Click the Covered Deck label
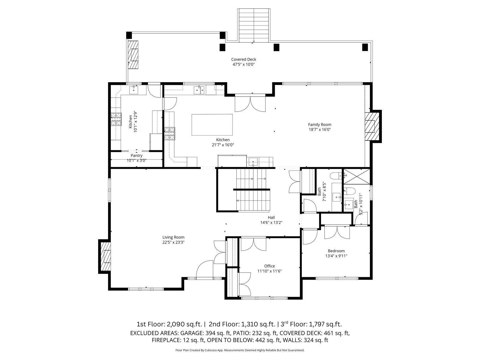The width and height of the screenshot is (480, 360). [x=244, y=59]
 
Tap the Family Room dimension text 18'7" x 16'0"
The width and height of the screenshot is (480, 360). [x=319, y=130]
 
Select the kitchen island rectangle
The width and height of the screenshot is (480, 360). [x=212, y=124]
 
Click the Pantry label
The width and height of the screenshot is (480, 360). [x=136, y=155]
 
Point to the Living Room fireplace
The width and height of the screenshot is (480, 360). [x=105, y=256]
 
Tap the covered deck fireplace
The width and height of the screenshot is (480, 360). [x=133, y=55]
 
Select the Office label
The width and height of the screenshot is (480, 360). [x=269, y=266]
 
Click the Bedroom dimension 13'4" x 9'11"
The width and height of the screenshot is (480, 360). [x=336, y=256]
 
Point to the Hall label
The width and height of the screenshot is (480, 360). [x=271, y=217]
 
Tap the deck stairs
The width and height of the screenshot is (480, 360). [x=254, y=25]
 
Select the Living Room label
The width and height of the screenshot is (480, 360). [x=173, y=237]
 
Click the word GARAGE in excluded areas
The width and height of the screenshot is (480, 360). [x=191, y=333]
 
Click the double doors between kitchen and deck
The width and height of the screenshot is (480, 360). [x=250, y=103]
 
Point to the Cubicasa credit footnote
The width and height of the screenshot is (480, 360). [x=240, y=350]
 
